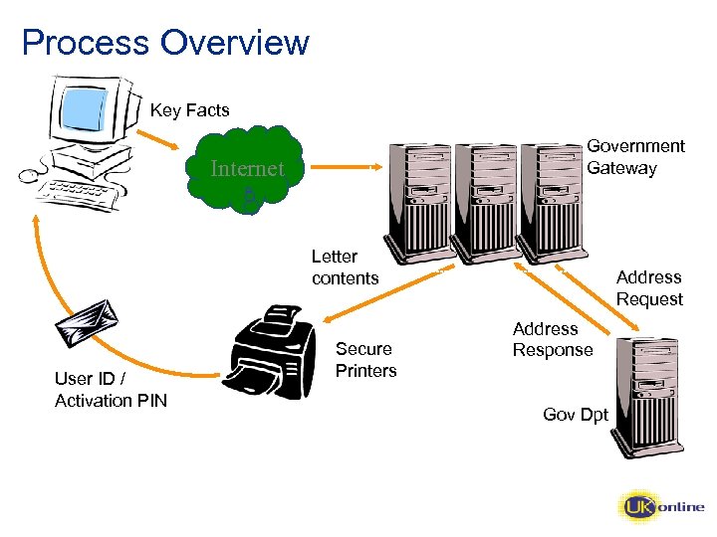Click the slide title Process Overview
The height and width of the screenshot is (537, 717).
[165, 43]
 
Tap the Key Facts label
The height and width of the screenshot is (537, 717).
[189, 110]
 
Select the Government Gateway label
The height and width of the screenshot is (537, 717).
[635, 157]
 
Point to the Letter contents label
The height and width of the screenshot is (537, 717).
[345, 268]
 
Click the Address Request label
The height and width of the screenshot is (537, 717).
[648, 288]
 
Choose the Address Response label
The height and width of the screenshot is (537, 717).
[552, 339]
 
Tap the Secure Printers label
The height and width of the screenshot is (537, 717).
[365, 360]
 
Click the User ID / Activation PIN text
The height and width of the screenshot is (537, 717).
[111, 390]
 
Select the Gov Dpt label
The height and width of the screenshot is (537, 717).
[576, 414]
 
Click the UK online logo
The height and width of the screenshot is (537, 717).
[661, 507]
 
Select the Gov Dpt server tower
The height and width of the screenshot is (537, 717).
[646, 396]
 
